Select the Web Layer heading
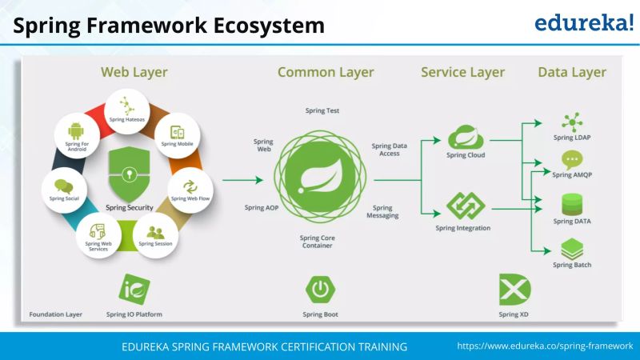click(x=134, y=72)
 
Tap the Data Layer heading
click(x=571, y=72)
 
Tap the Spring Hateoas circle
click(x=126, y=110)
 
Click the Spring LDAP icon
click(x=572, y=122)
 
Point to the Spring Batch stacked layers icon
click(x=572, y=249)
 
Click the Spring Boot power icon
click(x=320, y=290)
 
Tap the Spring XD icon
click(x=514, y=290)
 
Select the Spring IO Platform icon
click(x=134, y=290)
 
